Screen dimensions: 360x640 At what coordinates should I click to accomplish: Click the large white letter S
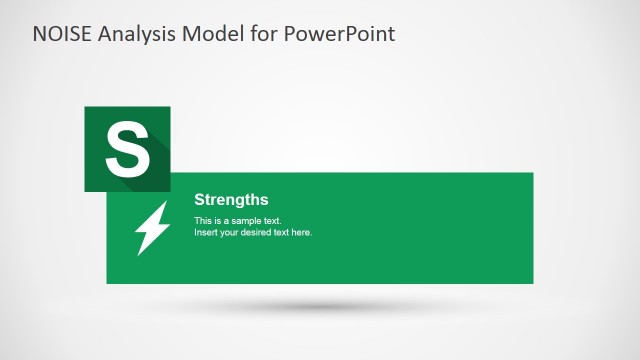click(127, 149)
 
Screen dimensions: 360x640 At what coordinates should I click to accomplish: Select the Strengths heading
click(231, 200)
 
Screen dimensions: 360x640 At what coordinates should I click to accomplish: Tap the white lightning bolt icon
click(152, 227)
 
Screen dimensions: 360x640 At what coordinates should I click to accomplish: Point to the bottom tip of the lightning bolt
click(138, 252)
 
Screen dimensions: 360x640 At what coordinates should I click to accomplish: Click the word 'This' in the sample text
click(203, 220)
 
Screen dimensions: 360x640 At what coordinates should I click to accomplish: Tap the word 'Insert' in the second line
click(206, 232)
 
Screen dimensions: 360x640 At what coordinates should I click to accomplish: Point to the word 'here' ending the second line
click(303, 232)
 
